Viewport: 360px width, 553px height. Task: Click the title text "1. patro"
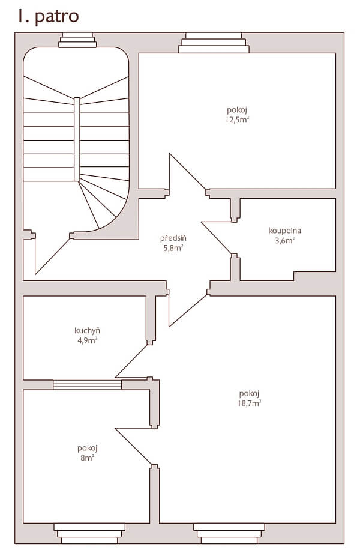point(48,16)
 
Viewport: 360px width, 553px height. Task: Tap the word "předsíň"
point(173,238)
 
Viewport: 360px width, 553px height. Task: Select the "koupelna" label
point(284,230)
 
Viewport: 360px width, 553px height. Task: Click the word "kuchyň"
point(87,330)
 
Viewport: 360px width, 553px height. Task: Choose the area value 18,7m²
point(250,403)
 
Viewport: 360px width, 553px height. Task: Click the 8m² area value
point(87,458)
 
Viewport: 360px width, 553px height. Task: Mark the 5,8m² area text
point(173,247)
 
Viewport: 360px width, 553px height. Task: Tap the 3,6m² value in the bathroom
point(284,240)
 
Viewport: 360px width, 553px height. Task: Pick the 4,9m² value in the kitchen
point(87,340)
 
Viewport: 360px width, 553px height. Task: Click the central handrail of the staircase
point(77,139)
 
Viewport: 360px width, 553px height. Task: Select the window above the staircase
point(77,41)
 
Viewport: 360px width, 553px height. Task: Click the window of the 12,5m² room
point(213,43)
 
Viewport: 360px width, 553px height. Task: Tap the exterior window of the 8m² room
point(89,532)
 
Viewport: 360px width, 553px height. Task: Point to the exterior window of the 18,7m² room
point(229,532)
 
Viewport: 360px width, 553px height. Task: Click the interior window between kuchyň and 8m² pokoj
point(88,385)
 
